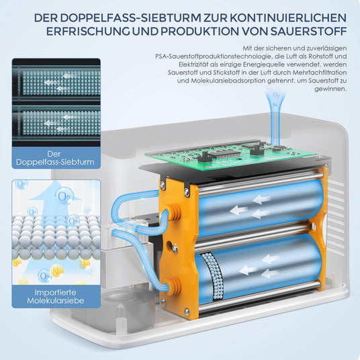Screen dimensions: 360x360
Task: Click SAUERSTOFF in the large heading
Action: point(306,31)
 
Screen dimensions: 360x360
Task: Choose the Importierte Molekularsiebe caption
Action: point(56,298)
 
